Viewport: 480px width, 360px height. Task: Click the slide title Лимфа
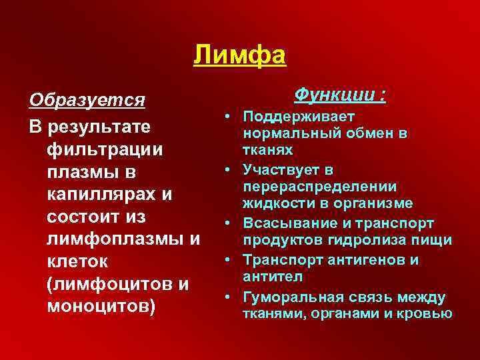pos(240,55)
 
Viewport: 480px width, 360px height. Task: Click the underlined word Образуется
pos(87,100)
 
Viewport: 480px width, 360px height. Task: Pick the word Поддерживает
pos(299,117)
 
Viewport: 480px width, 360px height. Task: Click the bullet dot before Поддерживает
pos(228,117)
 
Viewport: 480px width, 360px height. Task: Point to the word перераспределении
pos(321,186)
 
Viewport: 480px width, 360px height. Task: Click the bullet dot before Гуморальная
pos(228,297)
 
